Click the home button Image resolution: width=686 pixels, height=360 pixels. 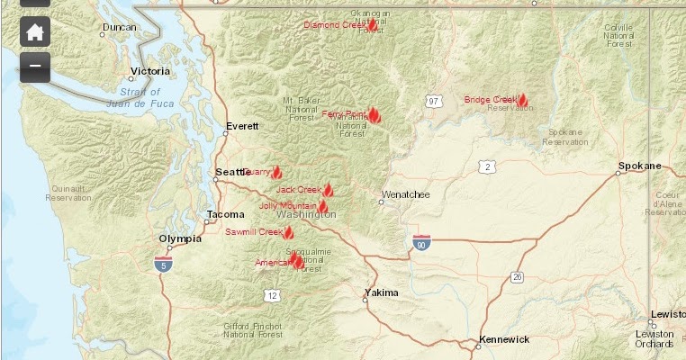click(34, 32)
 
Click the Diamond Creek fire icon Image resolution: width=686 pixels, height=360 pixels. click(372, 25)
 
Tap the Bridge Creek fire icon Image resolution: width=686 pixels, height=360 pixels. click(522, 100)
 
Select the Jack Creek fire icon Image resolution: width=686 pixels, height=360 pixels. click(329, 190)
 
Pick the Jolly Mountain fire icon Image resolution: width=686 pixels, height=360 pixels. click(322, 206)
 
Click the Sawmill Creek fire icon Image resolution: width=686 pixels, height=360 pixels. click(289, 232)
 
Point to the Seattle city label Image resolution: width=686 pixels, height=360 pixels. click(230, 172)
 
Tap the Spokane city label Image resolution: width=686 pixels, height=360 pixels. click(639, 166)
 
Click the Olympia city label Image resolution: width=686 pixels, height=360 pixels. click(179, 238)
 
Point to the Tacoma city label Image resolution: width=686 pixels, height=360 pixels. click(224, 214)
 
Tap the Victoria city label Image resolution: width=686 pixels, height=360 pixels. click(149, 70)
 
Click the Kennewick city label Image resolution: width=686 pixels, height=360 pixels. click(504, 339)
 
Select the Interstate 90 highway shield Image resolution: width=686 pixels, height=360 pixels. click(421, 242)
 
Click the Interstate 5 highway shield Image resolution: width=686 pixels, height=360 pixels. click(163, 264)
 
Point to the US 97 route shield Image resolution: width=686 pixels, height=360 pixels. click(434, 101)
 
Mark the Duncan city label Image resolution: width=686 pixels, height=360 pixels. click(119, 28)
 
